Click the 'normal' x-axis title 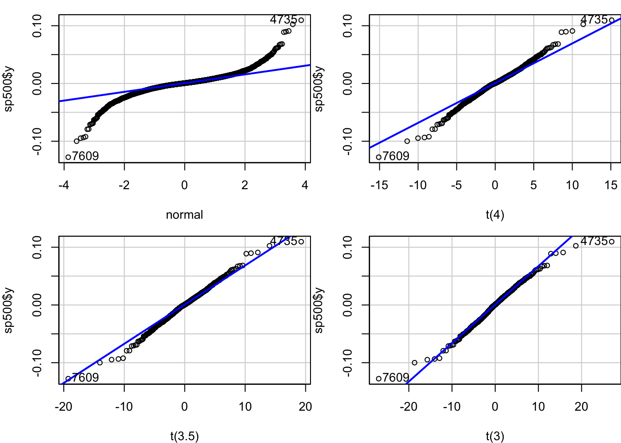184,215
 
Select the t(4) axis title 495,215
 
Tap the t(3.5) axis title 184,436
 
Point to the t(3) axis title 495,436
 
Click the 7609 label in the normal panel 85,156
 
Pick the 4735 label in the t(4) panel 594,20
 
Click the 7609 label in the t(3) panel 396,377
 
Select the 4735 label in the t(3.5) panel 283,241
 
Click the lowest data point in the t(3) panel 378,378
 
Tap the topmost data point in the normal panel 301,20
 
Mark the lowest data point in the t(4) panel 378,157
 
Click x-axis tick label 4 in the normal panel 305,185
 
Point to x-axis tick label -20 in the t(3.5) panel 64,407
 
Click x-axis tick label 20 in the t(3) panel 581,407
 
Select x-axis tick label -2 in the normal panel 124,185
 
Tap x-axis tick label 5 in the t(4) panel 534,185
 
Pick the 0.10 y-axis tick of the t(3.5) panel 37,247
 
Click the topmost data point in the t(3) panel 612,241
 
